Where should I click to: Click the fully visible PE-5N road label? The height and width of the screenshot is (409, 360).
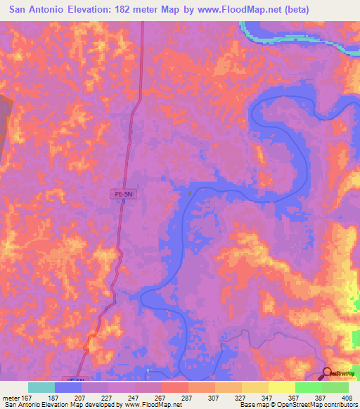click(x=122, y=201)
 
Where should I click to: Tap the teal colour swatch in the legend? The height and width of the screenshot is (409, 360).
click(x=41, y=387)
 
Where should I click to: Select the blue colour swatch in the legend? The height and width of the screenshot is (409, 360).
click(x=68, y=387)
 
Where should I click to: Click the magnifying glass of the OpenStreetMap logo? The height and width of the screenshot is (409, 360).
click(x=328, y=373)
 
